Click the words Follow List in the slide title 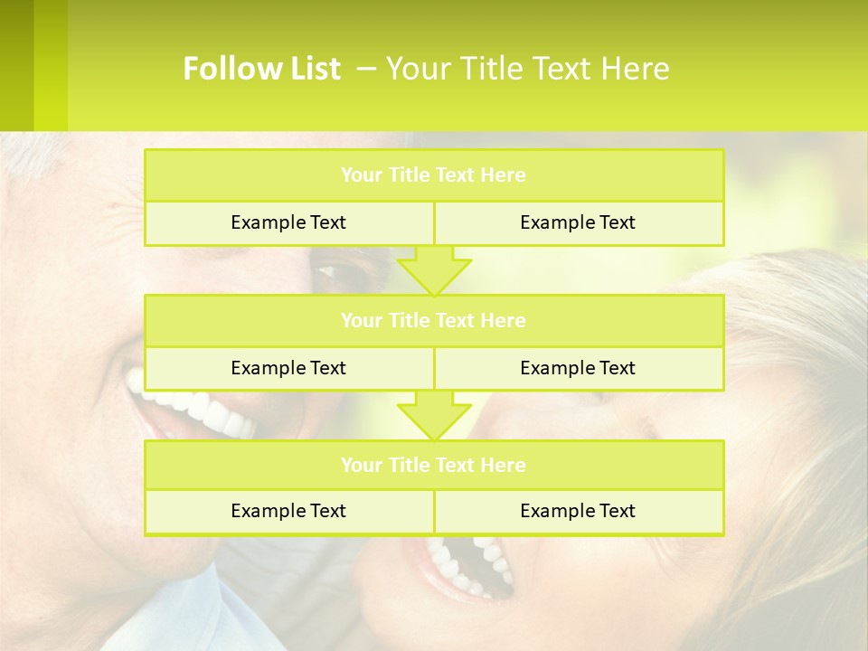pyautogui.click(x=261, y=69)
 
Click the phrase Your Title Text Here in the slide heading pyautogui.click(x=528, y=69)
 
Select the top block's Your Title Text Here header pyautogui.click(x=433, y=175)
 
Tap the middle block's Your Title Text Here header pyautogui.click(x=433, y=320)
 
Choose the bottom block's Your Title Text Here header pyautogui.click(x=433, y=465)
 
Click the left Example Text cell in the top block pyautogui.click(x=288, y=222)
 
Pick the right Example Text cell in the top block pyautogui.click(x=578, y=222)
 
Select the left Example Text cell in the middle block pyautogui.click(x=288, y=368)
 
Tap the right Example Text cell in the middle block pyautogui.click(x=578, y=368)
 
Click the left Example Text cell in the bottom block pyautogui.click(x=288, y=511)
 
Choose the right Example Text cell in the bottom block pyautogui.click(x=578, y=511)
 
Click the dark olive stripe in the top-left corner pyautogui.click(x=16, y=63)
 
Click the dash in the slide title pyautogui.click(x=366, y=69)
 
